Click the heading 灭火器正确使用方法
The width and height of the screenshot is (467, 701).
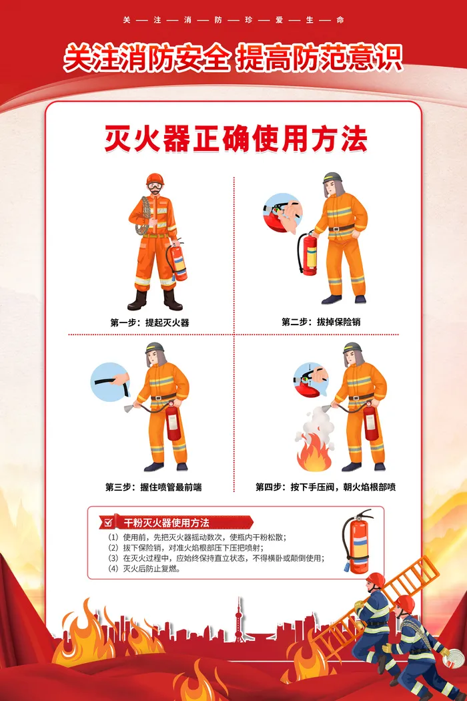point(236,139)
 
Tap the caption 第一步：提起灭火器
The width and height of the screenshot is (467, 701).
point(149,322)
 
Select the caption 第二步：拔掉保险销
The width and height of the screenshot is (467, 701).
point(321,322)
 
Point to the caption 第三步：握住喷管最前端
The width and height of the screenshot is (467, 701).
point(153,487)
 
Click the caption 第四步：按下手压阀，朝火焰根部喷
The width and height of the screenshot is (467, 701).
point(326,487)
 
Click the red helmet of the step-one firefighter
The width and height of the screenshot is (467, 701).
point(155,179)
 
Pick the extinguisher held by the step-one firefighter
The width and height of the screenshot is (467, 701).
point(177,262)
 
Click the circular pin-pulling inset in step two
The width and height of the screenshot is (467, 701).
point(283,213)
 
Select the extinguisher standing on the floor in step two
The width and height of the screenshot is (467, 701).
point(308,253)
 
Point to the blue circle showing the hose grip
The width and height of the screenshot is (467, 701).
point(110,382)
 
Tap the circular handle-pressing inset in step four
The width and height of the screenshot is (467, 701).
point(311,380)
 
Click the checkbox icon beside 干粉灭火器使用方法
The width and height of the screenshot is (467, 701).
point(108,522)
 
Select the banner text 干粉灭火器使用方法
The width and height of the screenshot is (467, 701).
point(166,523)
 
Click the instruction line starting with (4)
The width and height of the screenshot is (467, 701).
point(144,569)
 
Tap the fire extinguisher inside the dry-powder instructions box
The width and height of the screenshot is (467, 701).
point(358,541)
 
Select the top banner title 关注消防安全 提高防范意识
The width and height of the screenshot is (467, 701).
point(233,57)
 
